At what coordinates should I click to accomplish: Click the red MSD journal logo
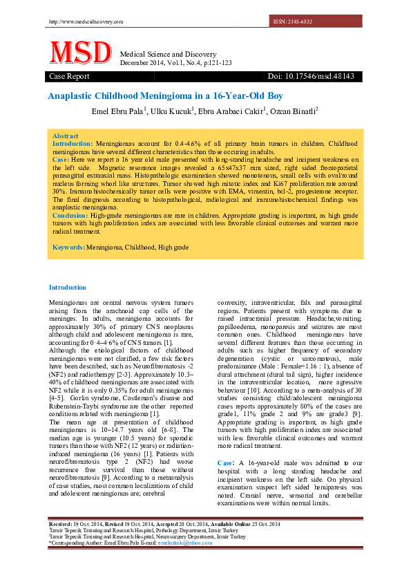79,54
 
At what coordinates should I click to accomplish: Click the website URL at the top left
86,21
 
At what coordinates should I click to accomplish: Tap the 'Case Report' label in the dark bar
69,76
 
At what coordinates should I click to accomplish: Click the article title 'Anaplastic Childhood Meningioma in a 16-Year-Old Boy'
165,96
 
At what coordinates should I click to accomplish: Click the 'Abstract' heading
65,136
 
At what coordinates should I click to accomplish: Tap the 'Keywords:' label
68,247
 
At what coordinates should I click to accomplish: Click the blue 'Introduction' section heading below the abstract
67,287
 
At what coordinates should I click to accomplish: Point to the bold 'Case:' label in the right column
225,461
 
